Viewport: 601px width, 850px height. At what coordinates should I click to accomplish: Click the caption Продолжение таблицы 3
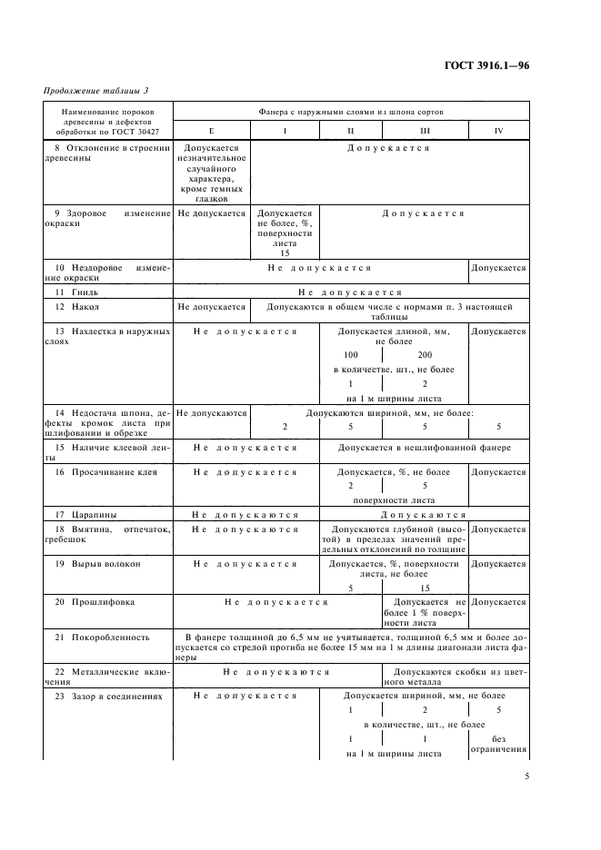(95, 92)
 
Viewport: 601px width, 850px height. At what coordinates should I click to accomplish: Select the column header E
(211, 131)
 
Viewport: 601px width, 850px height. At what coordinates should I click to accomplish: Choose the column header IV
(498, 131)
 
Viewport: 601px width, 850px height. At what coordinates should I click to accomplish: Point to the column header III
(424, 131)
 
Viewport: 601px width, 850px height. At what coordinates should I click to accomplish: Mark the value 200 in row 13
(425, 354)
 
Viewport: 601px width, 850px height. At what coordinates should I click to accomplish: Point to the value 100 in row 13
(351, 354)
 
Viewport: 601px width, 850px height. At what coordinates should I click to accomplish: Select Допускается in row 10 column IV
(498, 269)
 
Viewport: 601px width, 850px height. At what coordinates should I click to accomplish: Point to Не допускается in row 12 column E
(211, 308)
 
